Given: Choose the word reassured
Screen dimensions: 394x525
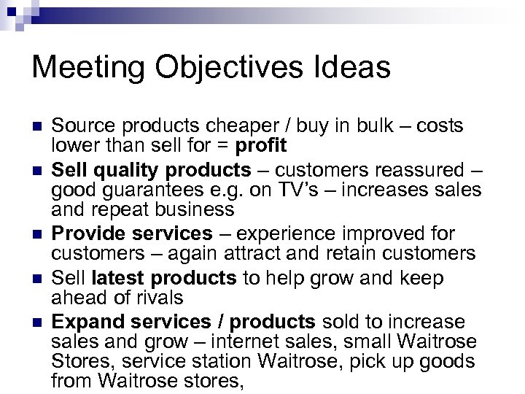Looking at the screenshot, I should (x=416, y=171).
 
